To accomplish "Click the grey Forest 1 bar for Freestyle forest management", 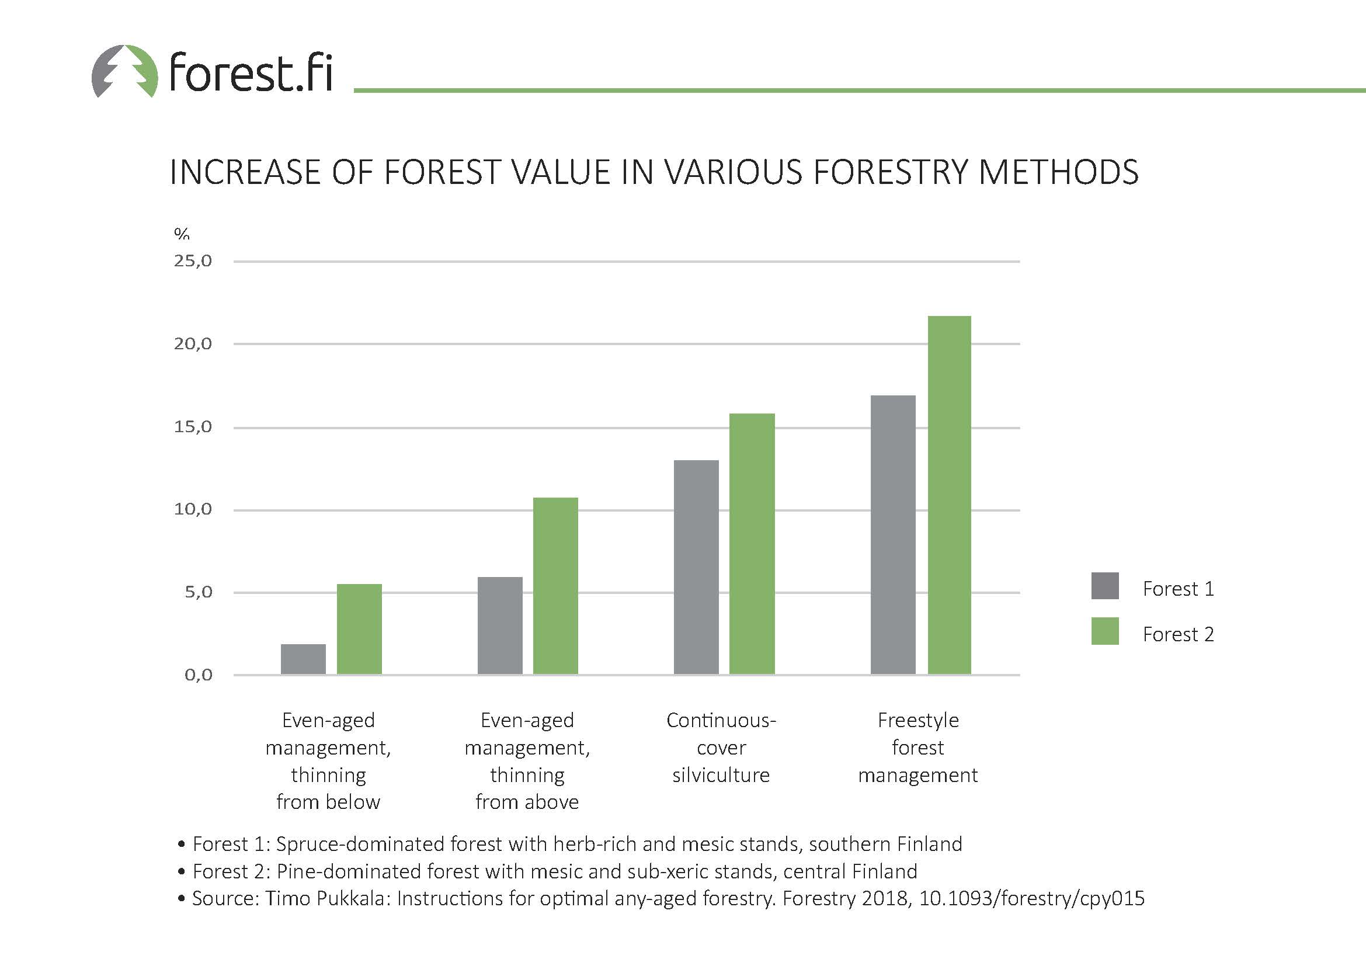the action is tap(893, 535).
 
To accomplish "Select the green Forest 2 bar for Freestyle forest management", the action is tap(950, 495).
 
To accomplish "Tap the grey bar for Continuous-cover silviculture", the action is tap(696, 568).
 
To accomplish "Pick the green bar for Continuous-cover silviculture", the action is tap(752, 544).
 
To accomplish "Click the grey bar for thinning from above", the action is tap(500, 626).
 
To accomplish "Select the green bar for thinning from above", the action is tap(555, 586).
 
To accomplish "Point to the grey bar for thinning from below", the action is tap(304, 659).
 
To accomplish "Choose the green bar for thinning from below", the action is tap(359, 630).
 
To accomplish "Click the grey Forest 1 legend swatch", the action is tap(1105, 586).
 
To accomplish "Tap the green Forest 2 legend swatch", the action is tap(1105, 631).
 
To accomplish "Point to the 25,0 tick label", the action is tap(193, 261).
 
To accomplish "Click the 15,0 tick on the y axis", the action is tap(193, 427).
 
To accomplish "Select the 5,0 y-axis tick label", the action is tap(198, 592).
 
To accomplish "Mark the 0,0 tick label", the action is tap(198, 675).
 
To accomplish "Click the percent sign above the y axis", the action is tap(182, 233).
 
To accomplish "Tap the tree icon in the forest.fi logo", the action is tap(125, 71).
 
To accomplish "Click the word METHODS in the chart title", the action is tap(1058, 172).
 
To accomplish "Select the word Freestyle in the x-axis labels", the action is tap(918, 721).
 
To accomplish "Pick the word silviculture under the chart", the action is tap(721, 775).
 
